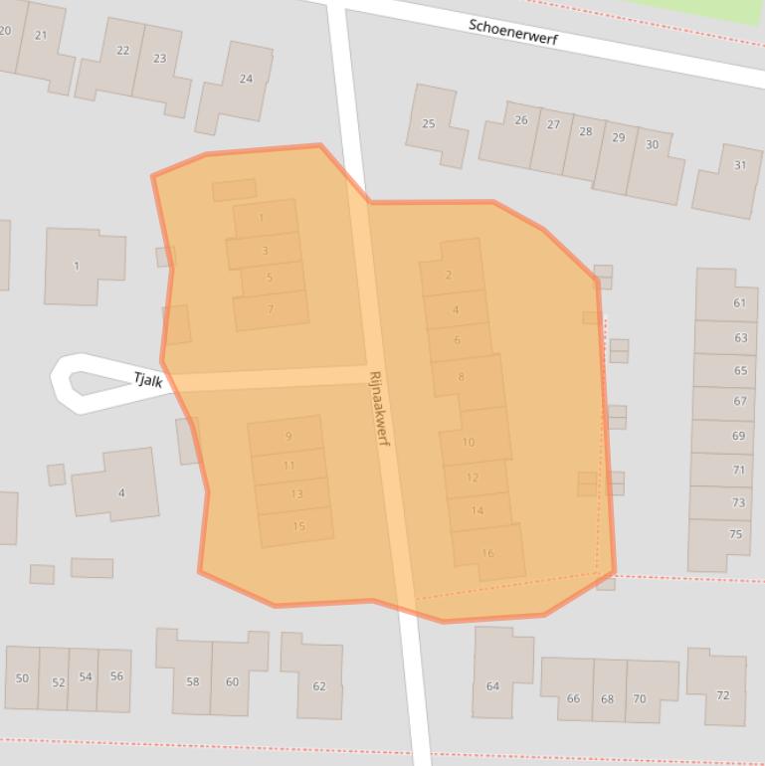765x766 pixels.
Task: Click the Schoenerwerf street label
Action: pyautogui.click(x=513, y=30)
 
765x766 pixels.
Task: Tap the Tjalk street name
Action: pyautogui.click(x=148, y=378)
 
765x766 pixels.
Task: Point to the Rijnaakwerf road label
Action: pyautogui.click(x=380, y=408)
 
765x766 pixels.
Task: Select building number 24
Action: pyautogui.click(x=246, y=79)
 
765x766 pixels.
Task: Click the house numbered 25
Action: pyautogui.click(x=429, y=123)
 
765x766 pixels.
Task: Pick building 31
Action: pyautogui.click(x=739, y=165)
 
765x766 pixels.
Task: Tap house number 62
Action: pyautogui.click(x=319, y=685)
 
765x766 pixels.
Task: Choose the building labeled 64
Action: pyautogui.click(x=492, y=685)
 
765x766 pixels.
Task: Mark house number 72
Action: pyautogui.click(x=723, y=694)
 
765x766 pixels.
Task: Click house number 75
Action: pyautogui.click(x=735, y=534)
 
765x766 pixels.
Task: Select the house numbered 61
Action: pyautogui.click(x=739, y=303)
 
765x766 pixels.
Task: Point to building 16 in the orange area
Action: pyautogui.click(x=487, y=553)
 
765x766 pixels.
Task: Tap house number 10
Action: pyautogui.click(x=469, y=442)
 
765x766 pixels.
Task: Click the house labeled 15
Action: pyautogui.click(x=298, y=526)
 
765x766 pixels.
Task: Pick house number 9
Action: pyautogui.click(x=288, y=436)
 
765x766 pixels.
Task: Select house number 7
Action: pyautogui.click(x=270, y=309)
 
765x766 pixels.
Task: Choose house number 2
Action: pyautogui.click(x=449, y=275)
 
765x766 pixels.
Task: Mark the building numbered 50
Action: pyautogui.click(x=22, y=678)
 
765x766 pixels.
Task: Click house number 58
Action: pyautogui.click(x=192, y=681)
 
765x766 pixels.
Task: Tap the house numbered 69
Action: pyautogui.click(x=738, y=436)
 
